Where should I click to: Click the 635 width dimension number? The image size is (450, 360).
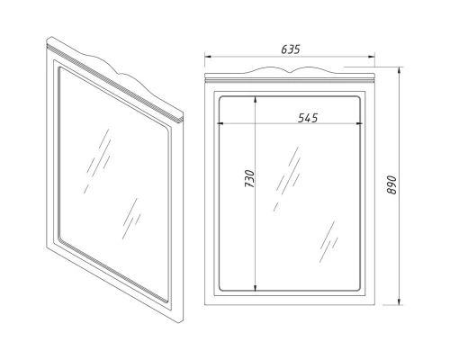coord(289,49)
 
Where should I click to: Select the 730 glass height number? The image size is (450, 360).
coord(249,183)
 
